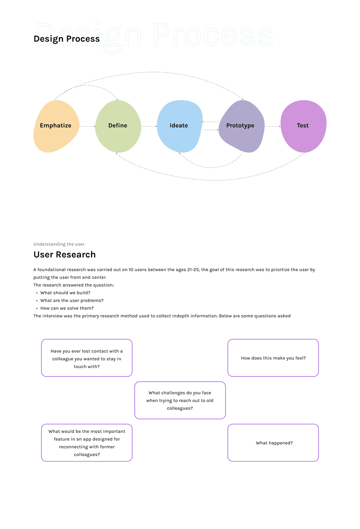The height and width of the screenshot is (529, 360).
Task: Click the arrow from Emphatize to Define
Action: tap(88, 126)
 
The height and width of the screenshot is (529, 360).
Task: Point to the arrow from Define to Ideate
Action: tap(149, 126)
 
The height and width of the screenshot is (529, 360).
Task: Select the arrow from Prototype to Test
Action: tap(272, 126)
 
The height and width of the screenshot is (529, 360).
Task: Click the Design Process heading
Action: tap(66, 39)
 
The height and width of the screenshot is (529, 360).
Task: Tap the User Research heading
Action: tap(64, 254)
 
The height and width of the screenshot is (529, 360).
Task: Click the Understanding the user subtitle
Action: tap(59, 244)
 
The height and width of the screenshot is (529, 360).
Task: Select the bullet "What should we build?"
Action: tap(65, 293)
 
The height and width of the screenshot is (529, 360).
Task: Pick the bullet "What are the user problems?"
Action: tap(72, 301)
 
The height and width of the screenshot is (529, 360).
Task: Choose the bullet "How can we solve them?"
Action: tap(67, 308)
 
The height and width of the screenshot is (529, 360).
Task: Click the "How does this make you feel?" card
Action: tap(273, 358)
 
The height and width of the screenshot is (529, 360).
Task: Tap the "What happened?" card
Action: tap(273, 443)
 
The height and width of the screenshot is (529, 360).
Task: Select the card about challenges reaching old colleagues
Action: tap(180, 400)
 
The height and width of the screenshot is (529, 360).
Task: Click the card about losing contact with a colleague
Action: tap(87, 358)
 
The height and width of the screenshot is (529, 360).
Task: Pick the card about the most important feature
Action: tap(87, 443)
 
